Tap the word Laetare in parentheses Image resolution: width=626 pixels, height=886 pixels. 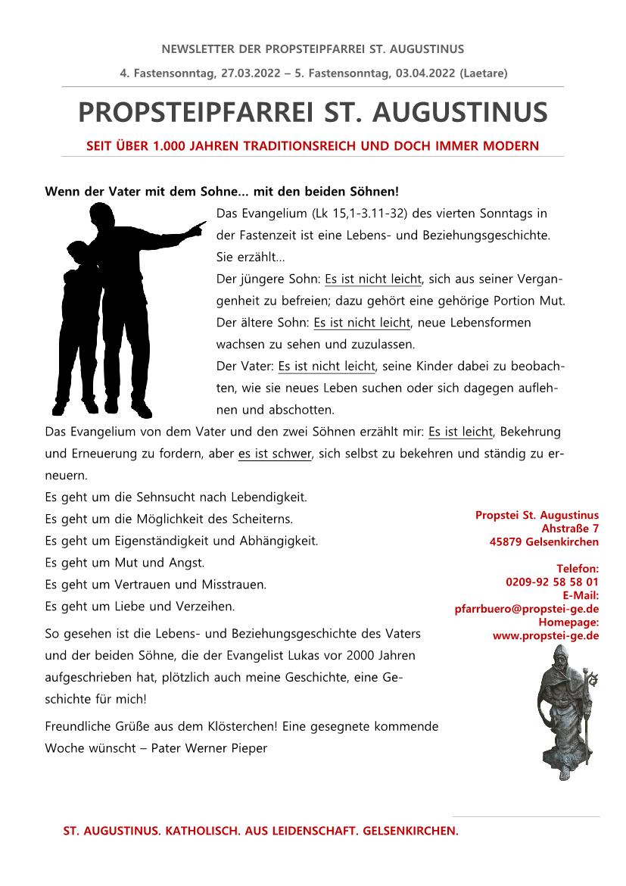482,73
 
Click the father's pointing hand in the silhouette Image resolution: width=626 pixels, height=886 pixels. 198,226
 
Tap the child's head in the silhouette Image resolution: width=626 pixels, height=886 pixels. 78,251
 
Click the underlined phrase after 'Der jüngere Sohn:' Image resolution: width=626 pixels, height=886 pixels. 373,279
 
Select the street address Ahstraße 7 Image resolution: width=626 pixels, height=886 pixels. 570,528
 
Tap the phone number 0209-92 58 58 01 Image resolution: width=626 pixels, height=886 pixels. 552,582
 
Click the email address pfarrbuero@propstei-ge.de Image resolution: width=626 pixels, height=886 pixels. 527,608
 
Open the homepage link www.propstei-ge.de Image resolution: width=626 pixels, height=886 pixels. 546,635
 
